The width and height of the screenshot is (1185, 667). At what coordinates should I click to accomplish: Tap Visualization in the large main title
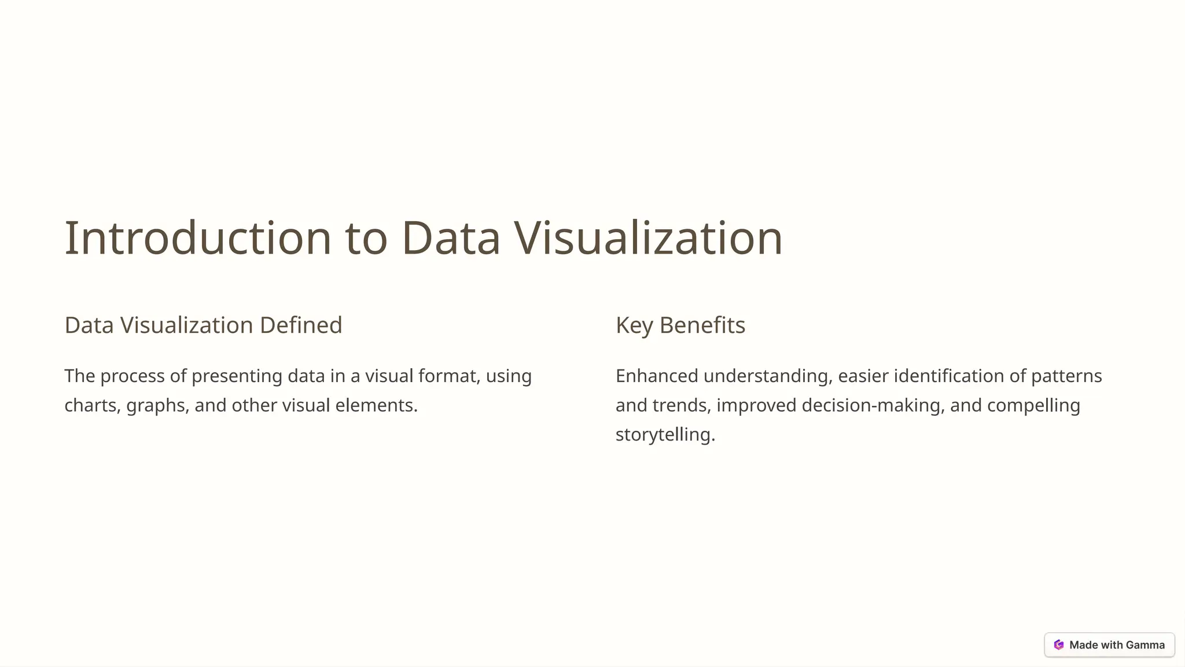(648, 238)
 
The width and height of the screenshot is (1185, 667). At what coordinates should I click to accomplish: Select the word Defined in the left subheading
(301, 325)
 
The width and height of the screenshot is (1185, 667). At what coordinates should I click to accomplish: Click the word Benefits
(702, 325)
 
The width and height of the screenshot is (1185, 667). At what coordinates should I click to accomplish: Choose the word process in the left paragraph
(132, 376)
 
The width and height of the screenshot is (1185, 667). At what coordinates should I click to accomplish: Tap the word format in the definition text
(449, 376)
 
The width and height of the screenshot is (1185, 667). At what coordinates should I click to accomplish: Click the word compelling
(1033, 405)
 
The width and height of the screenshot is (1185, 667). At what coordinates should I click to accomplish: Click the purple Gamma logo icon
(1059, 645)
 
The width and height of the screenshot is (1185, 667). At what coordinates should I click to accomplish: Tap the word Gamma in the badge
(1145, 645)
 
